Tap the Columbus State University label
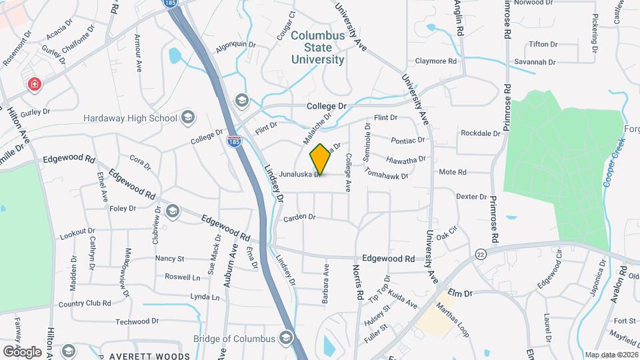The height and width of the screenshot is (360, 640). [319, 47]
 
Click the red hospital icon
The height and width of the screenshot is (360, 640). [34, 85]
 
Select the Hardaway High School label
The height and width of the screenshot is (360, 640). [130, 118]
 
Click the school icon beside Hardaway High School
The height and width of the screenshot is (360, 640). [188, 118]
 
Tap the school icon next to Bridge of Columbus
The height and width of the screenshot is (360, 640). [287, 338]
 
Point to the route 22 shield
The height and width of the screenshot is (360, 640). [481, 253]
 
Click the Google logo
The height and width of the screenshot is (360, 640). [22, 351]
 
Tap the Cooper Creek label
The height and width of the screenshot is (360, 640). [609, 167]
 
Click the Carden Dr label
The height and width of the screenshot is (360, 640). [299, 217]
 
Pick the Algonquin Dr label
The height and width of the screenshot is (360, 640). [236, 45]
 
